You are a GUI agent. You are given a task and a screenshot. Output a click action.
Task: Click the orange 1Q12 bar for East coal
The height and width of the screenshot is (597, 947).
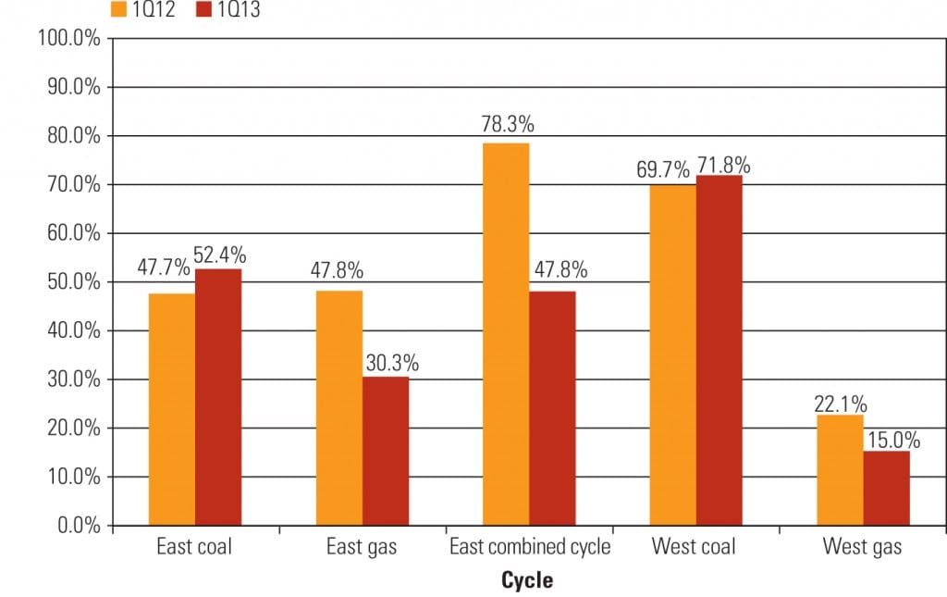pyautogui.click(x=172, y=409)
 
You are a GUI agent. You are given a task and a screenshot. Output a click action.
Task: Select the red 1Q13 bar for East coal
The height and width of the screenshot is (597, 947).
pyautogui.click(x=218, y=397)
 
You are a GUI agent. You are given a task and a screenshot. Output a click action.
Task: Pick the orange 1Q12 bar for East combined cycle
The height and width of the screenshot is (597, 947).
pyautogui.click(x=506, y=334)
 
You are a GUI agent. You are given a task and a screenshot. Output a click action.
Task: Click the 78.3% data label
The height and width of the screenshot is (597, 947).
pyautogui.click(x=507, y=125)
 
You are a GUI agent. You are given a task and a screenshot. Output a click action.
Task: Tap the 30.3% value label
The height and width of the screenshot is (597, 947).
pyautogui.click(x=391, y=363)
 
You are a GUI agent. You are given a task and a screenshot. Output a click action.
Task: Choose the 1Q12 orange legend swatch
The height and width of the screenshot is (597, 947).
pyautogui.click(x=117, y=11)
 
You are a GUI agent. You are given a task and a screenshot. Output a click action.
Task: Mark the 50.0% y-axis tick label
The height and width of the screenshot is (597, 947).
pyautogui.click(x=72, y=282)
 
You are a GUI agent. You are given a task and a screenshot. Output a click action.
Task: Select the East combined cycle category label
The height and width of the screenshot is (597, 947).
pyautogui.click(x=530, y=547)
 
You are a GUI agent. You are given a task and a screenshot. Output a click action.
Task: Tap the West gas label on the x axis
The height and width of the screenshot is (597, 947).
pyautogui.click(x=862, y=547)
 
